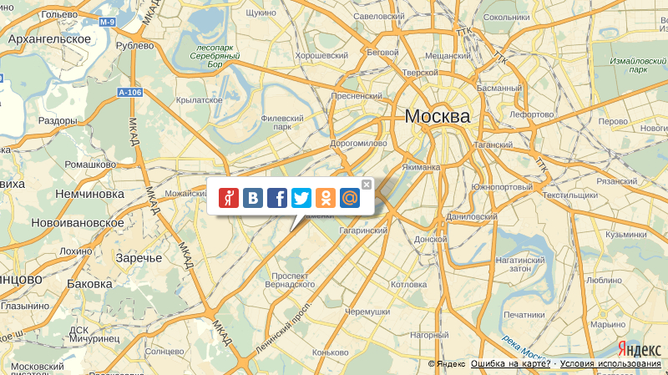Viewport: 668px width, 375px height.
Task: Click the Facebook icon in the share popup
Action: click(277, 198)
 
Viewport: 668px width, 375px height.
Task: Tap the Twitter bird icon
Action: click(301, 198)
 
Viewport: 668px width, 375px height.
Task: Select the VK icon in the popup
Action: click(253, 198)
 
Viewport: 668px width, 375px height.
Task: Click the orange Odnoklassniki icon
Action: click(326, 198)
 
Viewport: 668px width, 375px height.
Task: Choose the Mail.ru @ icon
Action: click(351, 198)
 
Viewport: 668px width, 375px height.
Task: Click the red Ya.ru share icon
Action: click(228, 198)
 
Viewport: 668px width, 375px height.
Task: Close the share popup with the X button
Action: click(367, 184)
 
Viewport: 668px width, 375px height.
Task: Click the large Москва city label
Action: click(437, 117)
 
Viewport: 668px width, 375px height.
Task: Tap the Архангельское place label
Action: click(49, 39)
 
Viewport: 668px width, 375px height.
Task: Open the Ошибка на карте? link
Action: click(510, 364)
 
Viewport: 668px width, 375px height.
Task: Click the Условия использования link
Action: click(610, 364)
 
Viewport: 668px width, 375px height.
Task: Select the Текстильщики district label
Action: click(569, 195)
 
